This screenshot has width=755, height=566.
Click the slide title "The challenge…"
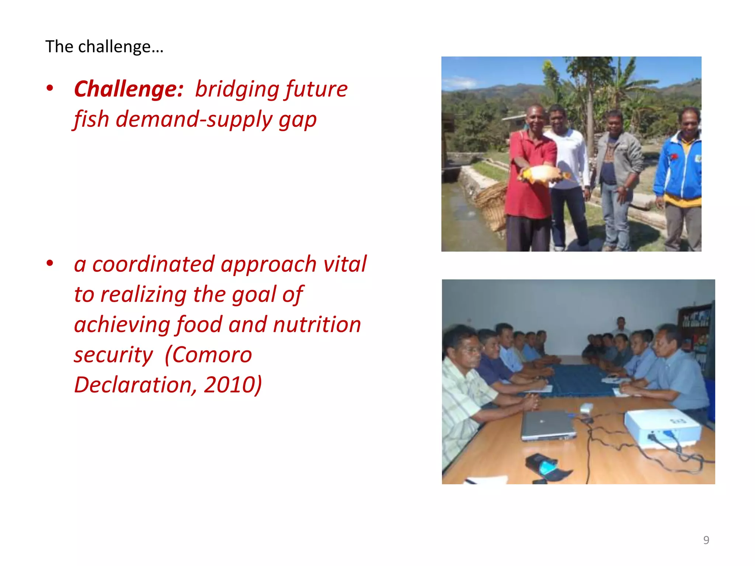pos(104,47)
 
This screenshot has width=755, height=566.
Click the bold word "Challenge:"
pos(129,89)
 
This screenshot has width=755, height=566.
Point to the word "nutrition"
pos(317,325)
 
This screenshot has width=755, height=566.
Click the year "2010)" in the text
pos(233,385)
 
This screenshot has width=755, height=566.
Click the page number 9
pos(706,540)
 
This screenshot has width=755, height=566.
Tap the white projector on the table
pos(662,427)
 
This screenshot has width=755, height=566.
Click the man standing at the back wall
pos(621,326)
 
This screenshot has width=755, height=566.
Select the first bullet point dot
pos(50,88)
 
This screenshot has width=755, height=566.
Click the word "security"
pos(113,355)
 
